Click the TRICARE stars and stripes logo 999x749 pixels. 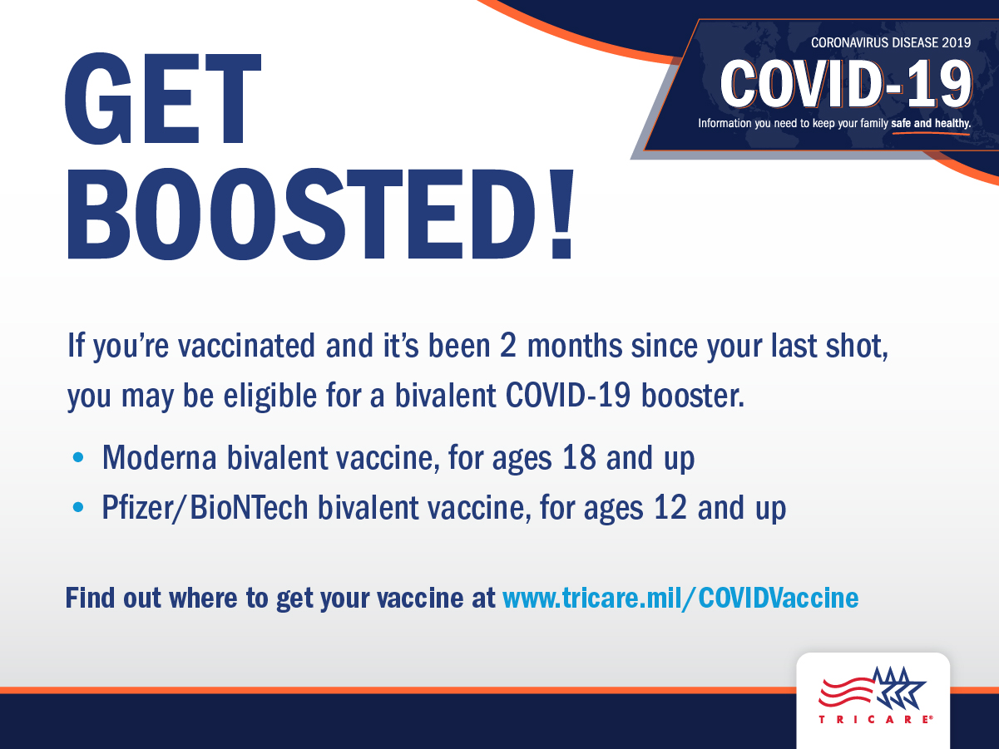(873, 690)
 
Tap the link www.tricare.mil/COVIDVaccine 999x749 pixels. (680, 598)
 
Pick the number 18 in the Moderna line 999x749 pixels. (580, 458)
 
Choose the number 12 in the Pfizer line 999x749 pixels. (670, 508)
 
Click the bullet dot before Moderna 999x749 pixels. (79, 458)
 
